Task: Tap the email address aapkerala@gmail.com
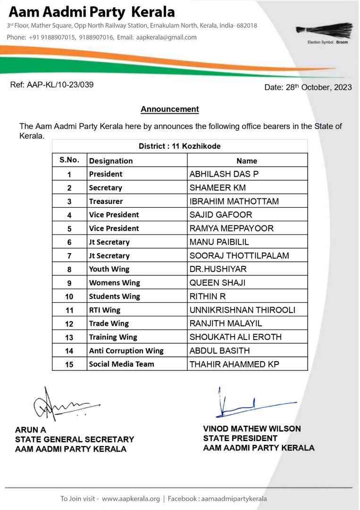[166, 37]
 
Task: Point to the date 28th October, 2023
[308, 87]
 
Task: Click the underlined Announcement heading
[170, 110]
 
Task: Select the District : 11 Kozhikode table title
[179, 146]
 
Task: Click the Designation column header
[111, 161]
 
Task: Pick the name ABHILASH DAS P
[224, 174]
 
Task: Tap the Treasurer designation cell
[106, 201]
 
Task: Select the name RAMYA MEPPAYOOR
[232, 229]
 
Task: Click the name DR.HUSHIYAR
[218, 269]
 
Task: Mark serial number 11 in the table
[69, 310]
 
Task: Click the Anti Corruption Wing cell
[126, 351]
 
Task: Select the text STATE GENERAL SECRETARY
[75, 440]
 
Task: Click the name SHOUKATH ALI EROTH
[235, 337]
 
